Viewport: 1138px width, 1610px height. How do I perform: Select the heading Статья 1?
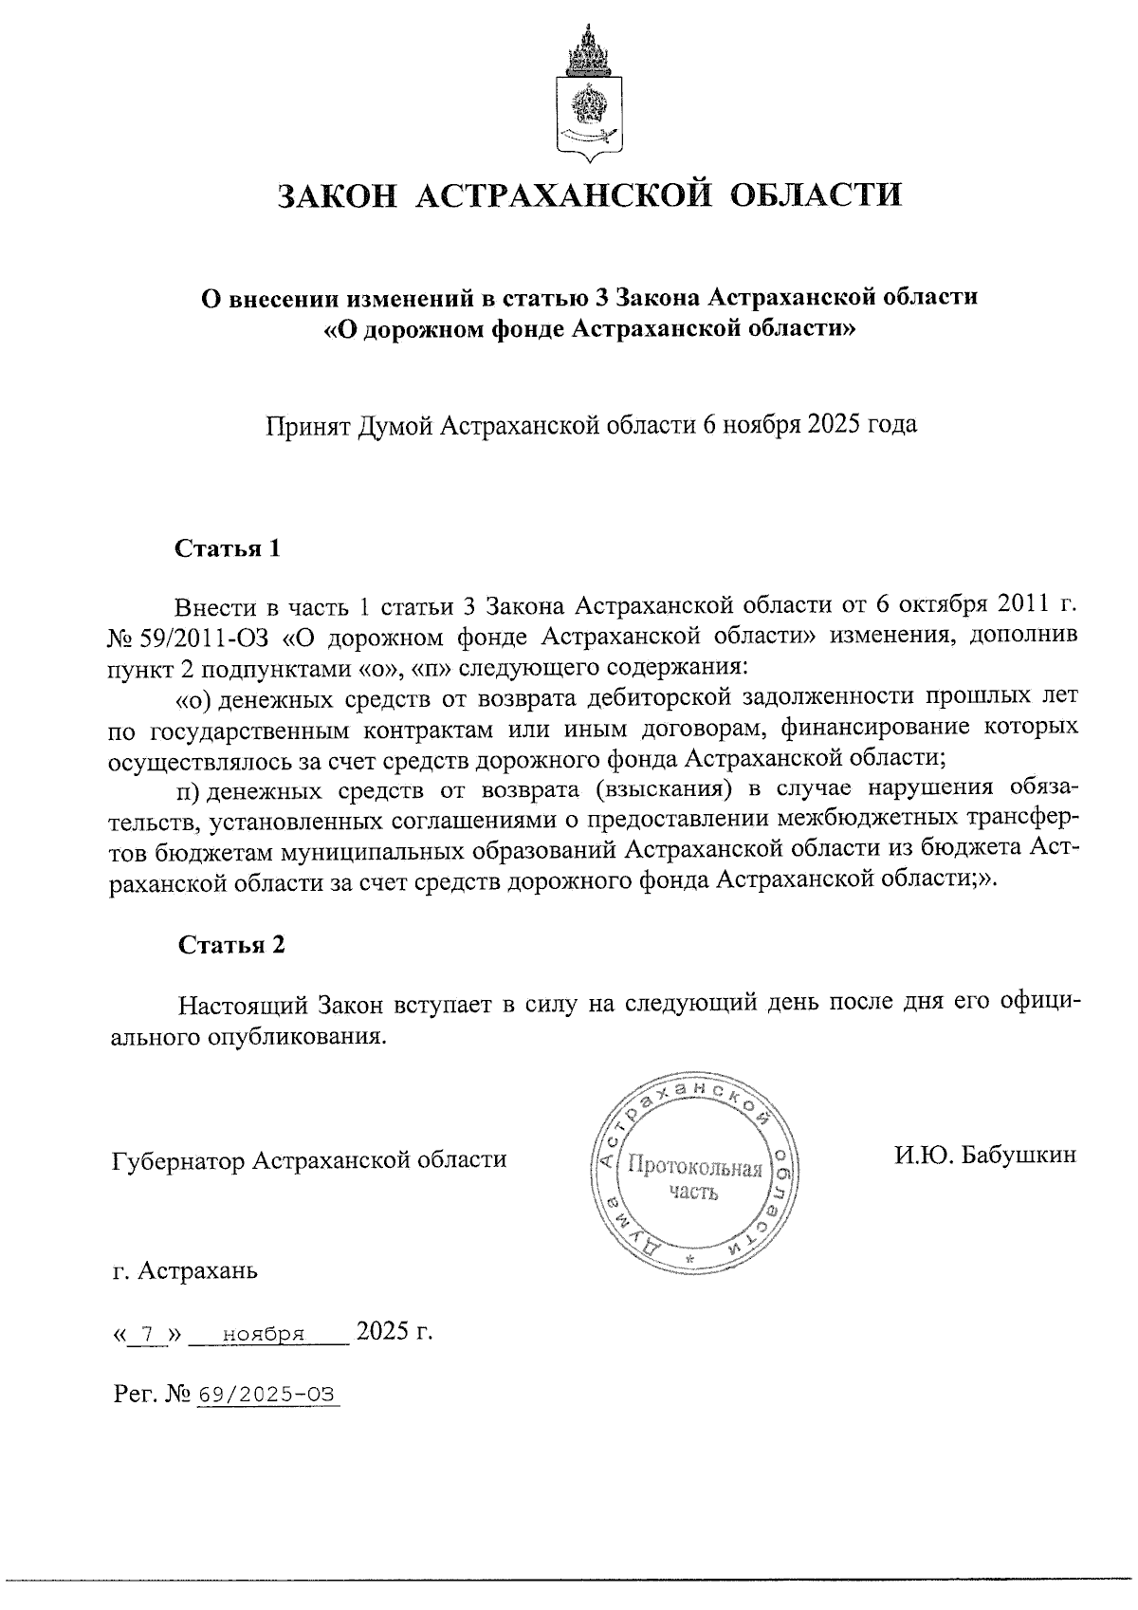click(x=228, y=549)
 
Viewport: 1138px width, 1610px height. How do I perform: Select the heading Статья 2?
click(x=230, y=945)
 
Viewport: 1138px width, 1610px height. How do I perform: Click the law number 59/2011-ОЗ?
click(x=210, y=636)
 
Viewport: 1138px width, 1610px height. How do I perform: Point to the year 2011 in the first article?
click(x=1019, y=605)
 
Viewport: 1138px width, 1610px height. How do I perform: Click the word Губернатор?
click(x=179, y=1159)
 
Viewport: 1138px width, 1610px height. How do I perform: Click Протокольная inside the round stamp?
click(x=695, y=1169)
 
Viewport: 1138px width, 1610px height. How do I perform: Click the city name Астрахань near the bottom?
click(x=198, y=1270)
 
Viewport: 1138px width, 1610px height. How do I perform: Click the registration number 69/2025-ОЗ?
click(x=266, y=1395)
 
